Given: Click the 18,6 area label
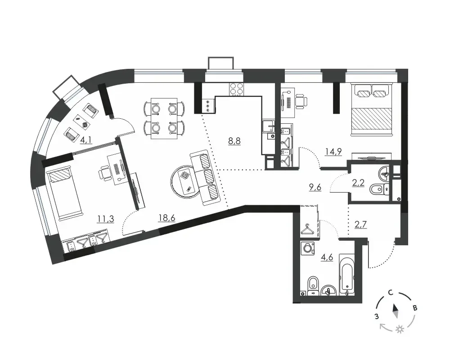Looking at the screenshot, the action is [x=167, y=218].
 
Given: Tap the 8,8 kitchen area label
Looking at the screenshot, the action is [x=234, y=141].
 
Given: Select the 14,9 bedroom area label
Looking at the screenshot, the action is [x=333, y=151].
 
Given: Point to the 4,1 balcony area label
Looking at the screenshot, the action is [x=86, y=140].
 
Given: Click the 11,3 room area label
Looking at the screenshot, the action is [x=105, y=219].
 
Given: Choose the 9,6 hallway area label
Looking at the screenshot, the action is [x=315, y=187].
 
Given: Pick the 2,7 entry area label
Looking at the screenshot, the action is [x=360, y=224].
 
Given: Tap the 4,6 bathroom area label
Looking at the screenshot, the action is [x=327, y=257].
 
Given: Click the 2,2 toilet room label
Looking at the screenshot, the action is [x=359, y=182].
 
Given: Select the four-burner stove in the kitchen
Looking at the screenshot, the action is [x=237, y=89].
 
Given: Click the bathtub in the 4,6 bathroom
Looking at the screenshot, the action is [x=346, y=274].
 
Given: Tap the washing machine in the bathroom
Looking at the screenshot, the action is [x=307, y=248].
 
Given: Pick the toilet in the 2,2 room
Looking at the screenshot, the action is [x=379, y=189].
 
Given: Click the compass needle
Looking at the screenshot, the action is [x=396, y=311].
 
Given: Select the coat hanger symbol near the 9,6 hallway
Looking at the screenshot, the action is [x=307, y=229].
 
